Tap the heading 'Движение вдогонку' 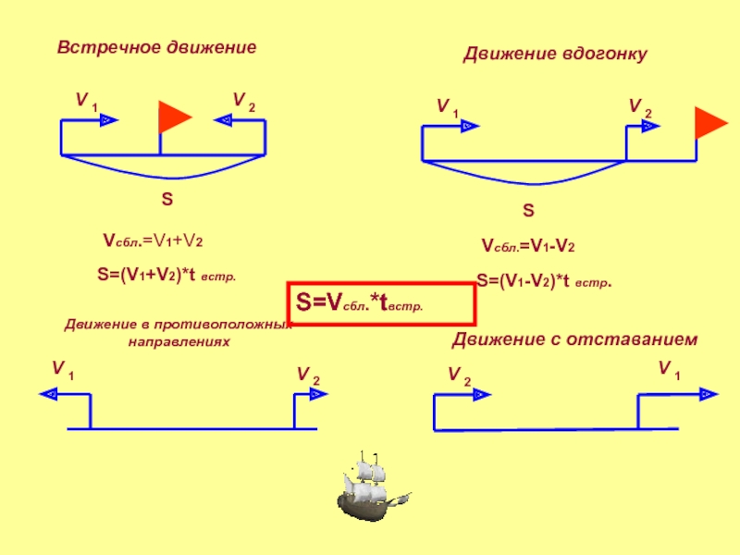click(554, 55)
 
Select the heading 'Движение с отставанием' click(574, 341)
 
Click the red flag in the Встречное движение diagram click(173, 117)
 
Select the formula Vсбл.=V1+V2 click(153, 241)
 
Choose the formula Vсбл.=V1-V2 click(528, 247)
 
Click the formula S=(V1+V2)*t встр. click(166, 274)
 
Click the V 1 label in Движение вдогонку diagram click(448, 107)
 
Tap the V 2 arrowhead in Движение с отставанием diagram click(480, 394)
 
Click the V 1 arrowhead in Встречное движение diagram click(107, 120)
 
